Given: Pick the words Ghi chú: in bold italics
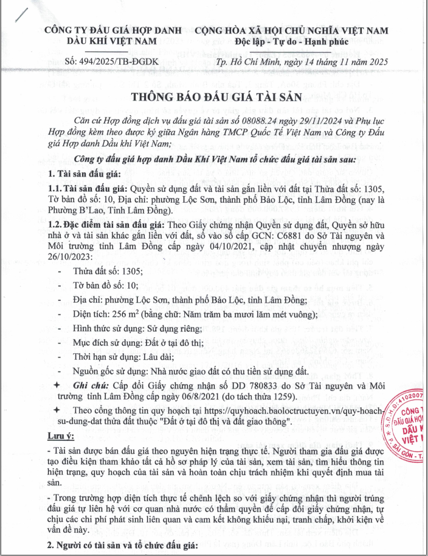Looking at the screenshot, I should [91, 386].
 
